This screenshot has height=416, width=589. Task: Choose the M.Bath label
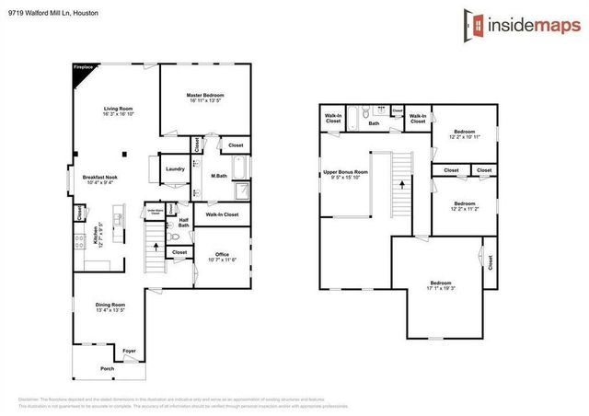[219, 176]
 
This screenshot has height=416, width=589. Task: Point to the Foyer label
[130, 351]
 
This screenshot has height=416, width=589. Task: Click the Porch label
[109, 369]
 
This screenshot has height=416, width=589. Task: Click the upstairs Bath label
[374, 123]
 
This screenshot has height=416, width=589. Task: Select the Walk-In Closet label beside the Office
[222, 214]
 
